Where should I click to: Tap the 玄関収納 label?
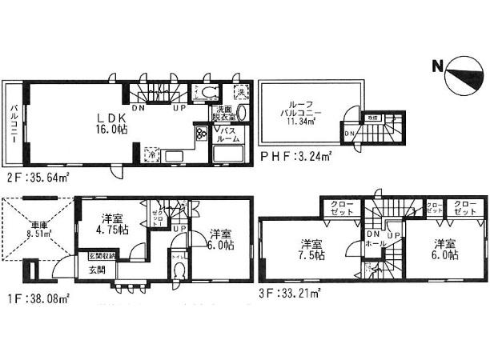pos(102,257)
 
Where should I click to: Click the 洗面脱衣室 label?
pos(223,114)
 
